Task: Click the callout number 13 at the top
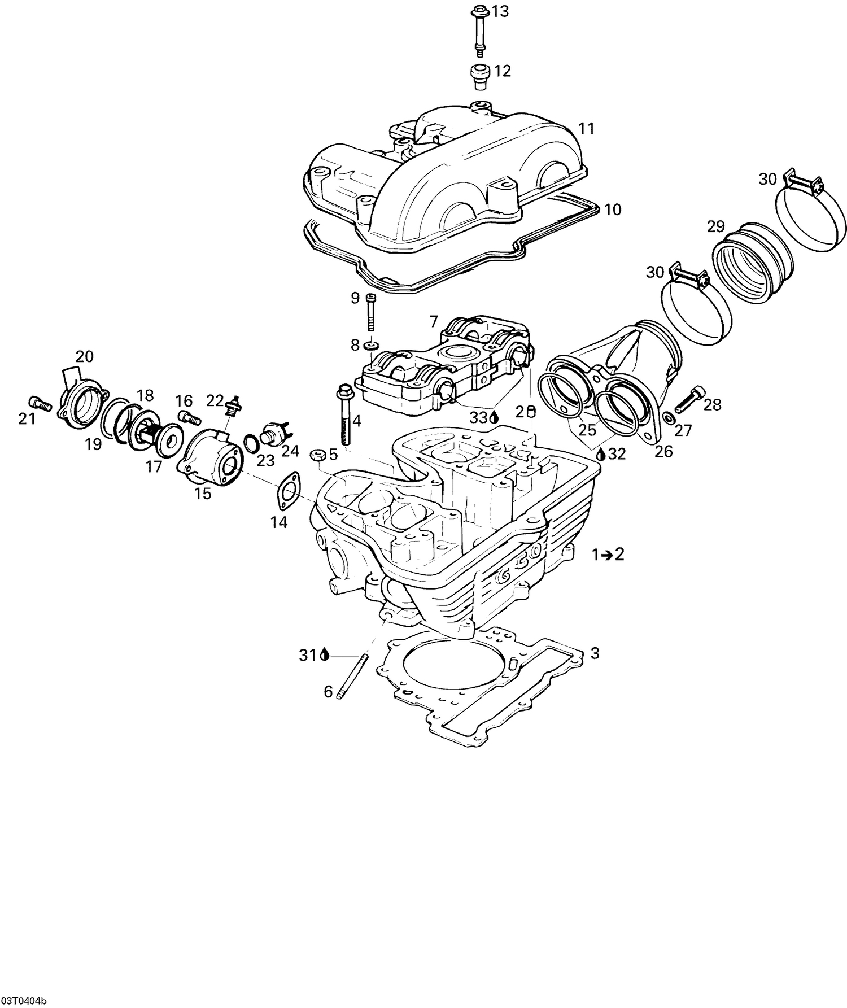point(500,11)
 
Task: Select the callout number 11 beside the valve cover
point(587,129)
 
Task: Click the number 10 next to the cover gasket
point(613,210)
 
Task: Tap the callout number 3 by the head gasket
point(595,653)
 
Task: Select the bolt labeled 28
point(689,398)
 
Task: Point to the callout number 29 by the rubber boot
point(715,227)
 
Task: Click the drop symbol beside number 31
point(324,655)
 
